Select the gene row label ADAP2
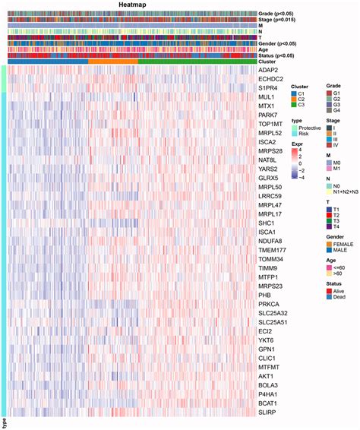(x=270, y=70)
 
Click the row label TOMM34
(x=272, y=256)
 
